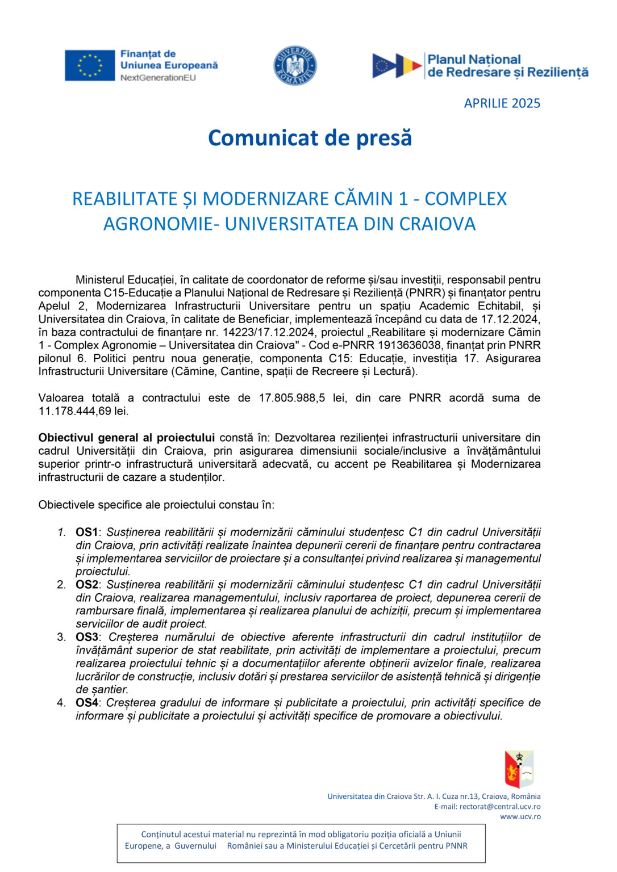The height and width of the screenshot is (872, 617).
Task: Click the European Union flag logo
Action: click(x=89, y=65)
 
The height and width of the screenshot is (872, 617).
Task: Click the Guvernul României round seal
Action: click(x=295, y=65)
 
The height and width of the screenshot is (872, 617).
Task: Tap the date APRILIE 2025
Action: click(x=502, y=103)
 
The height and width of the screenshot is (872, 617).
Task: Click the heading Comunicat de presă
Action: click(x=310, y=138)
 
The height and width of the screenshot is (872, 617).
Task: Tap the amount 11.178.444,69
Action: click(x=74, y=411)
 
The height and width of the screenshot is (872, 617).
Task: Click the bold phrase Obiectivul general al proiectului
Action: click(x=126, y=438)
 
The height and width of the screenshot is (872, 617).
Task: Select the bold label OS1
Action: click(x=87, y=533)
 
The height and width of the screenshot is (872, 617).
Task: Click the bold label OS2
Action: click(x=87, y=585)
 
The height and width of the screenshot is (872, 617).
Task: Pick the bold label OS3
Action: click(x=87, y=637)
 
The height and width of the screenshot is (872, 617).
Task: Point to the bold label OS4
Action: click(x=87, y=703)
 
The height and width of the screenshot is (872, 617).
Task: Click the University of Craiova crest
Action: click(x=519, y=769)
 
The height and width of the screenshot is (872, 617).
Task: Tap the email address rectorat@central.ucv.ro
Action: click(x=500, y=807)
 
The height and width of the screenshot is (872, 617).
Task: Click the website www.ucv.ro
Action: click(x=520, y=817)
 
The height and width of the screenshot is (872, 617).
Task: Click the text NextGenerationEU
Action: click(x=158, y=78)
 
